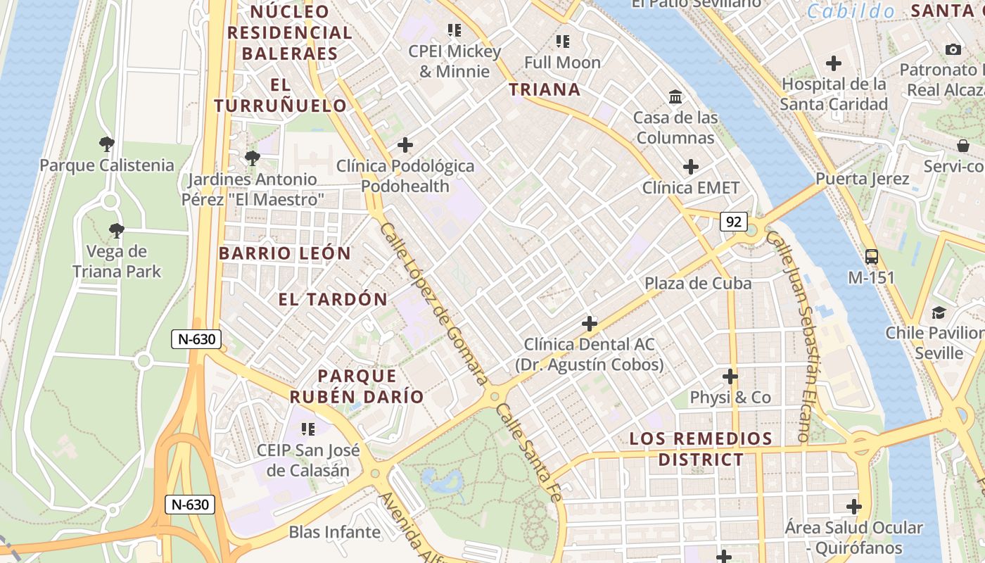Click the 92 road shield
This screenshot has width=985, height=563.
pyautogui.click(x=733, y=222)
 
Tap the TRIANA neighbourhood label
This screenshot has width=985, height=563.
pyautogui.click(x=545, y=89)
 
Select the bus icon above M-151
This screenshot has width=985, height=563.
pyautogui.click(x=871, y=256)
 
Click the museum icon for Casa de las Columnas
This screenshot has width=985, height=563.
pyautogui.click(x=675, y=96)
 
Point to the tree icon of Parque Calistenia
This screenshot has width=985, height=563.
pyautogui.click(x=107, y=144)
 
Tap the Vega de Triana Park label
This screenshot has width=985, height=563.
pyautogui.click(x=117, y=261)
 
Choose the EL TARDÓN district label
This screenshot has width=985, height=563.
pyautogui.click(x=333, y=299)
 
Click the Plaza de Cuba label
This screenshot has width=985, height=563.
pyautogui.click(x=698, y=283)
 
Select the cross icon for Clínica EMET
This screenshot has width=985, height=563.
pyautogui.click(x=691, y=167)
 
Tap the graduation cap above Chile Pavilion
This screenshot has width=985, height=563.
pyautogui.click(x=939, y=312)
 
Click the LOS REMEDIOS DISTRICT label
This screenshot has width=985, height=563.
pyautogui.click(x=701, y=449)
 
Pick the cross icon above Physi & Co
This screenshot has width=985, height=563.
pyautogui.click(x=730, y=377)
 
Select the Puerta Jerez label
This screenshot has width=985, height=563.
pyautogui.click(x=863, y=178)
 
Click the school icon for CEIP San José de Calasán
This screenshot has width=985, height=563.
pyautogui.click(x=307, y=429)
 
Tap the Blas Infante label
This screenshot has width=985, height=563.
pyautogui.click(x=335, y=532)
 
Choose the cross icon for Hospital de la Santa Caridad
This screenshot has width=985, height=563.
pyautogui.click(x=834, y=63)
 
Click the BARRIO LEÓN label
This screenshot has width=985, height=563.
pyautogui.click(x=284, y=253)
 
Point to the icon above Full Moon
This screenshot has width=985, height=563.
pyautogui.click(x=562, y=42)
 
